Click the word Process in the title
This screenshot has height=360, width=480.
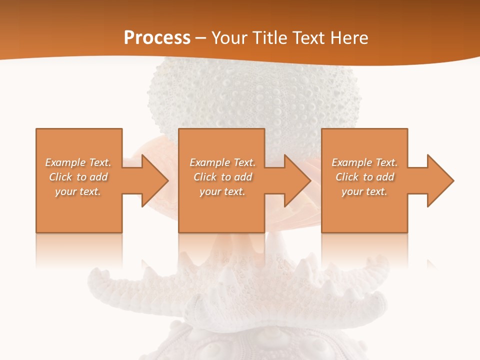157,37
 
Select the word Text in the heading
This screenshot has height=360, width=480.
307,37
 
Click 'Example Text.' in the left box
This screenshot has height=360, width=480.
78,162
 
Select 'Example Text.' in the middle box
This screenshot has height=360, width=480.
222,162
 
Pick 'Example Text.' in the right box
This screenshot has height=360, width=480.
364,162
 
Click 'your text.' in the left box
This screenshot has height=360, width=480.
78,191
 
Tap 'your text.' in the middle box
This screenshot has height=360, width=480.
222,191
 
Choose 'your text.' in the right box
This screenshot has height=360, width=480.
364,191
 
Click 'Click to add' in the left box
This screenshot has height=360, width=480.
78,177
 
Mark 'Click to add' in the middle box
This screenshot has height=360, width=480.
222,177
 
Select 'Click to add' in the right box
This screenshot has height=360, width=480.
364,177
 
